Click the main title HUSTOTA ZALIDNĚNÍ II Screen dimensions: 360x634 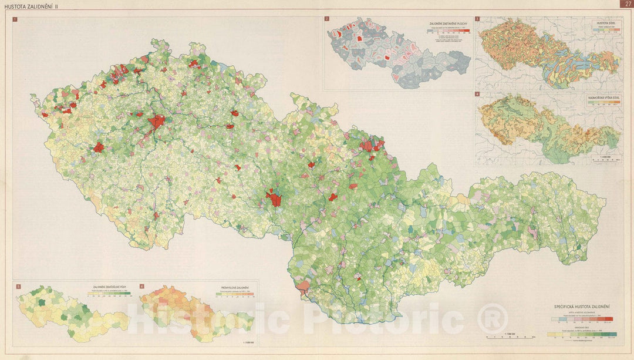(28, 5)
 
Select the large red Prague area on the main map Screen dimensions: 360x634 (157, 122)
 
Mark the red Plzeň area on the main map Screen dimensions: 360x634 (99, 147)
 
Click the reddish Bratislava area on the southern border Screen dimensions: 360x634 (304, 287)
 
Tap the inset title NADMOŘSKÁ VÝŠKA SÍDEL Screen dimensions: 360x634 (602, 98)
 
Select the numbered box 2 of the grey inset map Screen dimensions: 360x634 (327, 19)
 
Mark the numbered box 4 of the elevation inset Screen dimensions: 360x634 (477, 94)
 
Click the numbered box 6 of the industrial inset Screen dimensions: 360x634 (141, 286)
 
